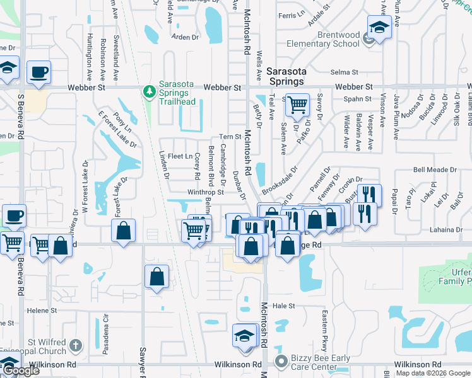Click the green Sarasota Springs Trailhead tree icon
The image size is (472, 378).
tap(150, 92)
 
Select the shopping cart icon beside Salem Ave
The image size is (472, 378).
tap(297, 105)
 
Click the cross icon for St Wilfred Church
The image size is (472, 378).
tap(75, 345)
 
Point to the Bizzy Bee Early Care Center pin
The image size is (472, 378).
tap(281, 361)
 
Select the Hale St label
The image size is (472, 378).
tap(284, 306)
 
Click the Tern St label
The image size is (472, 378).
tap(230, 137)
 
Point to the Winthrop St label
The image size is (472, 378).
tap(205, 192)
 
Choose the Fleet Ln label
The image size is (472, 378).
tap(180, 156)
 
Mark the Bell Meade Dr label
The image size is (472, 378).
tap(434, 170)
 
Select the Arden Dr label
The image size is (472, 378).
tap(185, 37)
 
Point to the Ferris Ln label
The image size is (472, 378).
tap(291, 14)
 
